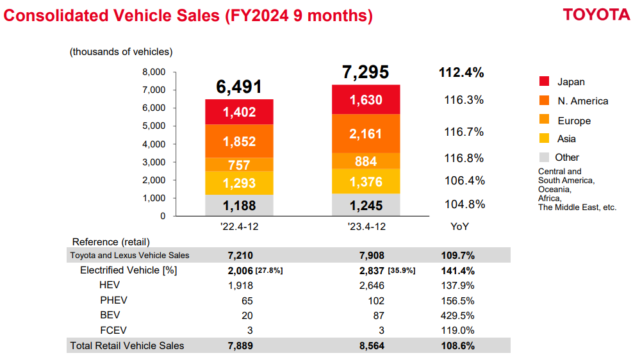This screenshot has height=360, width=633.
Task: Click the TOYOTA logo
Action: (x=596, y=15)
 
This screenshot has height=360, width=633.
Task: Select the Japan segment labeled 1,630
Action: (x=366, y=99)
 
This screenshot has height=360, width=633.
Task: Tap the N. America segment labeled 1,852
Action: (x=239, y=141)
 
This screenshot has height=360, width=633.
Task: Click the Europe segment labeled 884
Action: (x=366, y=161)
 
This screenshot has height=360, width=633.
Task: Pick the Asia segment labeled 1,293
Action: (x=239, y=183)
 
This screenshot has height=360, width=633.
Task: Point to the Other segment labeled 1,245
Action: (x=366, y=204)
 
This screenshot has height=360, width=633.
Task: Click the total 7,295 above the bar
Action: (x=365, y=72)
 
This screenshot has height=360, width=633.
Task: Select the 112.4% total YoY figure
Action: (x=461, y=72)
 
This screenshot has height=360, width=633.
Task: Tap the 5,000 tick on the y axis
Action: (x=154, y=126)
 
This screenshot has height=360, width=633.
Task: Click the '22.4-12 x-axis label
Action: (x=240, y=226)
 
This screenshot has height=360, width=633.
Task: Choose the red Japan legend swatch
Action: (x=544, y=81)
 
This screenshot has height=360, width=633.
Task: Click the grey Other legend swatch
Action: (x=544, y=157)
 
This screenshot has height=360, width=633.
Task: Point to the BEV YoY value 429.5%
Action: (x=457, y=316)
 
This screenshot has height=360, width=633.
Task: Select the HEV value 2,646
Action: (x=372, y=286)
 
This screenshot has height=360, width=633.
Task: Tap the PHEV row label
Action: (x=113, y=300)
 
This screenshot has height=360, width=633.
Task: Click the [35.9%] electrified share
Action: (x=401, y=270)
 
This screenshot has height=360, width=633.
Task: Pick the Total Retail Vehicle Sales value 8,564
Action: (x=372, y=346)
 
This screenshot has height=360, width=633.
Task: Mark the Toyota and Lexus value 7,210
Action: (x=240, y=256)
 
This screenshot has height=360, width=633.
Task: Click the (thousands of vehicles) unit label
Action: (x=121, y=52)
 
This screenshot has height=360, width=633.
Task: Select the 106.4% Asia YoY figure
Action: (x=464, y=181)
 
